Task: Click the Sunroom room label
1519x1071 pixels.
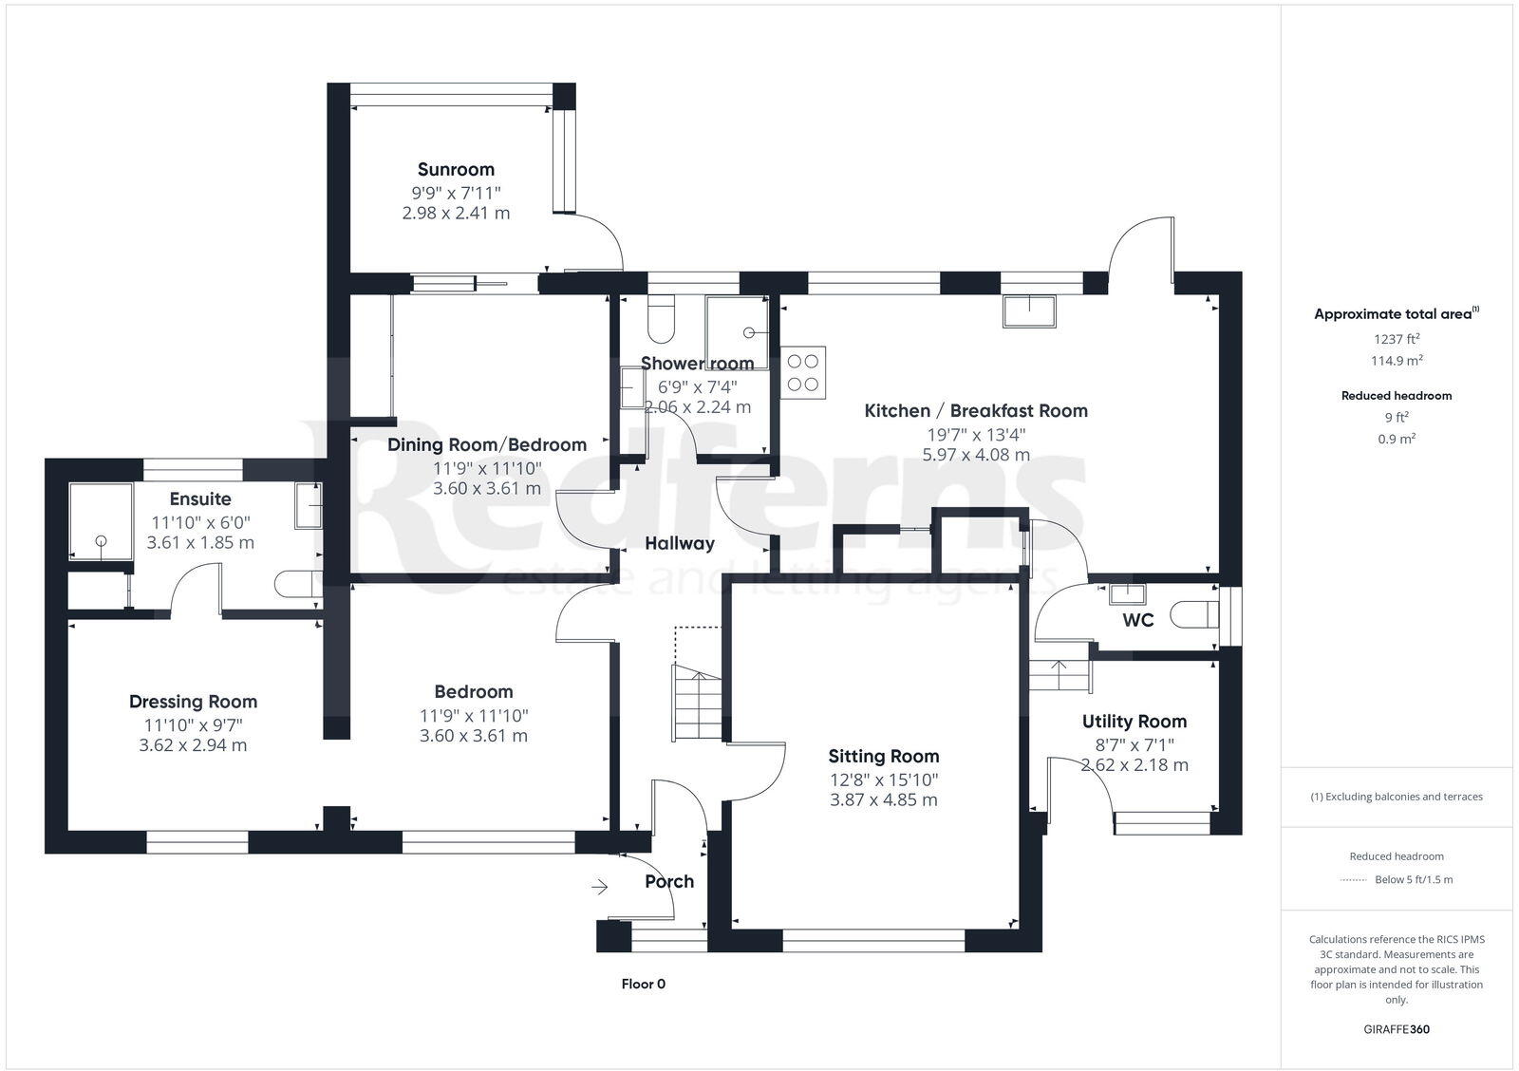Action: tap(456, 170)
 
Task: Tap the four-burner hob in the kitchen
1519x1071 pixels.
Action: tap(803, 371)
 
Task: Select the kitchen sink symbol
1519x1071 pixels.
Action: tap(1029, 311)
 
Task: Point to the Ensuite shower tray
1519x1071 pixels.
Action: tap(101, 521)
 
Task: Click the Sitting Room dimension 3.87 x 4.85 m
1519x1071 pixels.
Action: tap(883, 799)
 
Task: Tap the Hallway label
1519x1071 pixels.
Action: tap(679, 544)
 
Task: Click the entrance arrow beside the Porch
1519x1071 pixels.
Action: tap(599, 887)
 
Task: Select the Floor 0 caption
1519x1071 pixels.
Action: tap(643, 984)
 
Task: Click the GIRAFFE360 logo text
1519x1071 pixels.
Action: tap(1396, 1029)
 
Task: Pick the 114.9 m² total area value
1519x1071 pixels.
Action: tap(1396, 361)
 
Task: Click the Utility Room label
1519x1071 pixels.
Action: tap(1134, 722)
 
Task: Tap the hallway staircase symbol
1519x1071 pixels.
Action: tap(699, 703)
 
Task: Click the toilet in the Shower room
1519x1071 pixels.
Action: tap(660, 319)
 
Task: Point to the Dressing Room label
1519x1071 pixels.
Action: tap(193, 702)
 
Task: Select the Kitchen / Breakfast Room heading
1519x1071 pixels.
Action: tap(975, 411)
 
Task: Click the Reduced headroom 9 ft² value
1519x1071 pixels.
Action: tap(1396, 417)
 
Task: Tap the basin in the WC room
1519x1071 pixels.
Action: tap(1128, 594)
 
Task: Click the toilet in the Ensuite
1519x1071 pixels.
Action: tap(296, 584)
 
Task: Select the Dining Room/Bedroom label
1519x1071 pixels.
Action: tap(486, 445)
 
